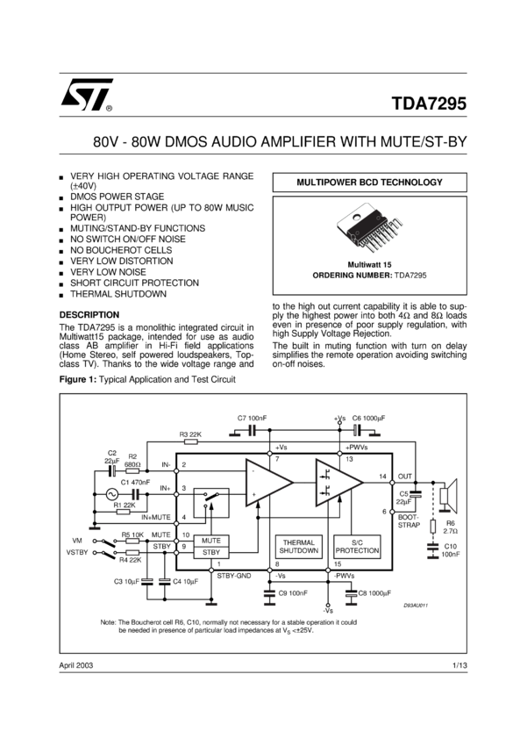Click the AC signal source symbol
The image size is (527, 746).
(111, 495)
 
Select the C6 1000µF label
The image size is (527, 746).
(369, 417)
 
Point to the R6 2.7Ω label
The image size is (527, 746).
(451, 526)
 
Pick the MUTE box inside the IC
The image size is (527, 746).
(210, 540)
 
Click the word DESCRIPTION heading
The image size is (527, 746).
(89, 314)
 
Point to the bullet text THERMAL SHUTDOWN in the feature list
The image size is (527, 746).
(118, 294)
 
